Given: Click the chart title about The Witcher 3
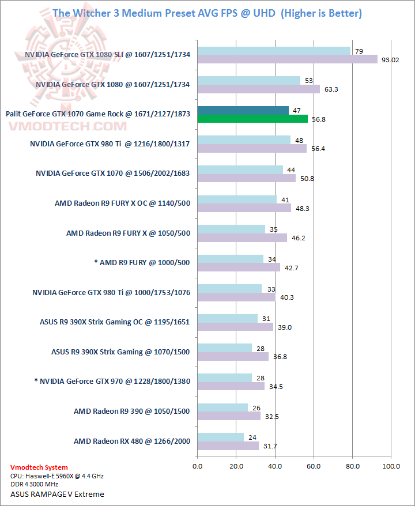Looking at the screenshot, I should tap(207, 13).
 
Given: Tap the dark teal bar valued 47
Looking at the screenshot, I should tap(243, 111).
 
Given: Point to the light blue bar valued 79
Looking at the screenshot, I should tap(274, 51).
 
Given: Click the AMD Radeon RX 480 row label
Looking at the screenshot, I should tap(131, 441).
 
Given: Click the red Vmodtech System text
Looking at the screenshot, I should tap(39, 467).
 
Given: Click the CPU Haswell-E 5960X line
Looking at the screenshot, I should tap(56, 476).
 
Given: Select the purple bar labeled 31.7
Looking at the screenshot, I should tap(228, 445).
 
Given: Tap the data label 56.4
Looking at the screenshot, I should tap(318, 149).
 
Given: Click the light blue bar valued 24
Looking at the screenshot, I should tap(220, 437).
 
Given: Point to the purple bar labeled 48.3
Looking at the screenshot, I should tap(244, 209).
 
